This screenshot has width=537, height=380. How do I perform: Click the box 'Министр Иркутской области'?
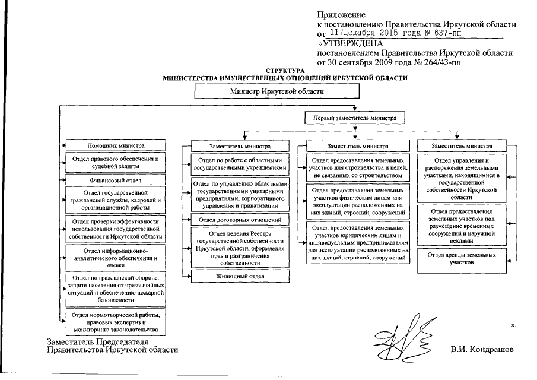(277, 91)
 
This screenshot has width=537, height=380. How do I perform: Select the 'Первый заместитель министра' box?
(355, 118)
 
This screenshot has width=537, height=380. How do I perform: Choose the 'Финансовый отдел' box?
(116, 179)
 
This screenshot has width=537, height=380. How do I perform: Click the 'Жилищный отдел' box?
(239, 276)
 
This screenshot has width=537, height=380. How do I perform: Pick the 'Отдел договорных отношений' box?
(239, 220)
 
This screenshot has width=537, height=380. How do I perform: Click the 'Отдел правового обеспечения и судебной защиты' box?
(116, 163)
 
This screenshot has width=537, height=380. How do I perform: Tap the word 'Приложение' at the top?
(341, 14)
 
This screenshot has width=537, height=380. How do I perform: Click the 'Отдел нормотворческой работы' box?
(116, 321)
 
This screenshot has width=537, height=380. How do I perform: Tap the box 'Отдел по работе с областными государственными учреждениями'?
(239, 164)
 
